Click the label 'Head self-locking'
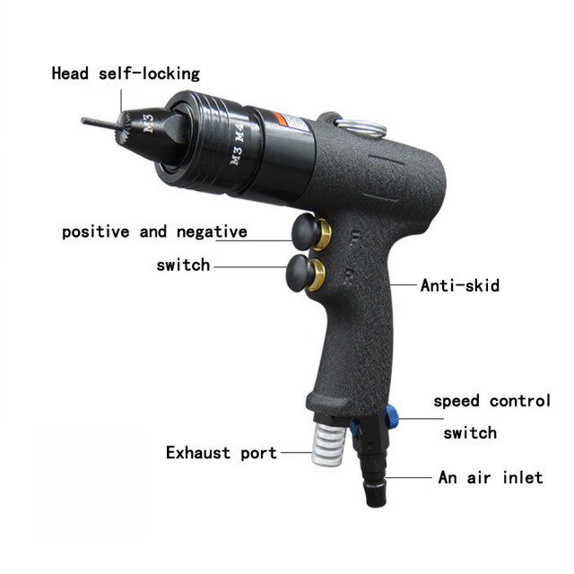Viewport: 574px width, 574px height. (126, 74)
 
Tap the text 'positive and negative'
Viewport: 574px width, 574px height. (154, 232)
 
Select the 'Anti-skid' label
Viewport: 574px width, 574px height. (460, 286)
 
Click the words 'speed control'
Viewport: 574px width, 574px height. (492, 401)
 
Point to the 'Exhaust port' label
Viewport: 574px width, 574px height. (222, 453)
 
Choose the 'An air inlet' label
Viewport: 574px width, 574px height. (490, 477)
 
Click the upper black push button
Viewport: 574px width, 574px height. (305, 231)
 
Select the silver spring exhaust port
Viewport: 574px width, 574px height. (326, 444)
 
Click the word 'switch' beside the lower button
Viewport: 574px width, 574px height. (183, 265)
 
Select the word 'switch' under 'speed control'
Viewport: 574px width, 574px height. (470, 433)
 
